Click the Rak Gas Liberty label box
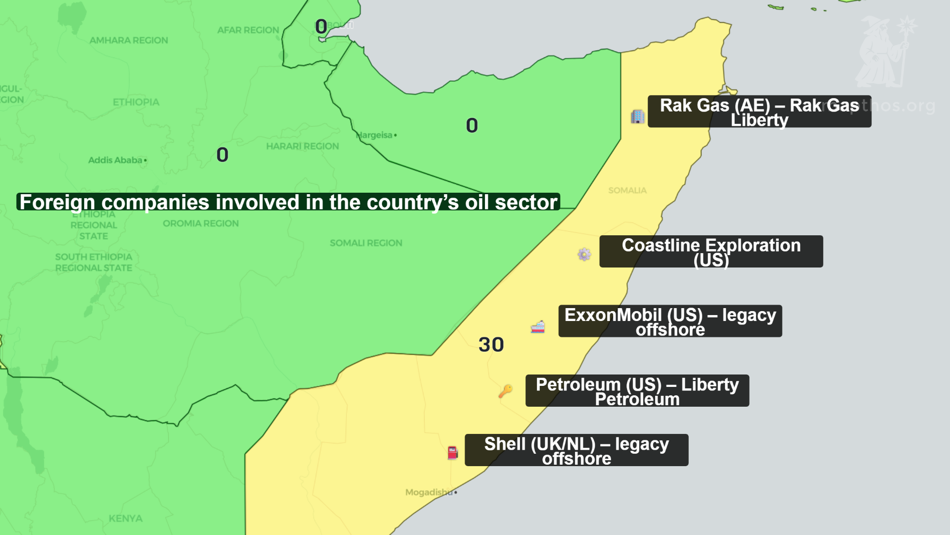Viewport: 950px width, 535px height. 759,111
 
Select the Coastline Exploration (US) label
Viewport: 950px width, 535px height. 711,252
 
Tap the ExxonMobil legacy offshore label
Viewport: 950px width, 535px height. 670,321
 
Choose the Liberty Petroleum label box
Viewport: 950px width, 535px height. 637,391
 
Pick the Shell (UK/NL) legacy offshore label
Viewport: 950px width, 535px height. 576,450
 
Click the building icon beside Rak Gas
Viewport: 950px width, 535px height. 637,116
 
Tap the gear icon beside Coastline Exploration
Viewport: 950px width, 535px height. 584,254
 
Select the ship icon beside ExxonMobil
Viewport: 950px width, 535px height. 538,327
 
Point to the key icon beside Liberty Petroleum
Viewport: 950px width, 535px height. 505,391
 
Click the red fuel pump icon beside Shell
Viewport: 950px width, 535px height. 453,452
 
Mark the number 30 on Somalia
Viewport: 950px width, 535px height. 491,345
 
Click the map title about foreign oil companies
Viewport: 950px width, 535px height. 288,202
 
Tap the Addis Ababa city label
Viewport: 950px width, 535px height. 115,160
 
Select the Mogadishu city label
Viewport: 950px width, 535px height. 428,492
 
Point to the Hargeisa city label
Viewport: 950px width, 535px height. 375,135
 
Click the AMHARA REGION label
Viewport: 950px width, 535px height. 129,40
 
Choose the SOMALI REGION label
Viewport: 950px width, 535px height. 366,243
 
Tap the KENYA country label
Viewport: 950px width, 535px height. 126,518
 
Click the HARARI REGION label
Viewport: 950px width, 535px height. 302,146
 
